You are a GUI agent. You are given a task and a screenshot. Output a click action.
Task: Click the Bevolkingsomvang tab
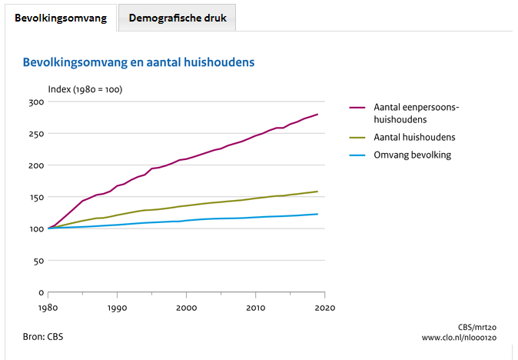(61, 18)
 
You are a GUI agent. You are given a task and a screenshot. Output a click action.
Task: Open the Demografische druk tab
(178, 18)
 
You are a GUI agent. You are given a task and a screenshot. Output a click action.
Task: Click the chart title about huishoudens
(138, 62)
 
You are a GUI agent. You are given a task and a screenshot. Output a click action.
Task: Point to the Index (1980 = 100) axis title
(85, 89)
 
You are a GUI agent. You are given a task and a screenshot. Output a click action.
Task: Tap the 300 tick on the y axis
(35, 102)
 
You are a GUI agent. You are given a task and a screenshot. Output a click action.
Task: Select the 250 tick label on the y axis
(35, 134)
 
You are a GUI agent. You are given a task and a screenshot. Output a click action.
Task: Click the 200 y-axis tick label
(35, 165)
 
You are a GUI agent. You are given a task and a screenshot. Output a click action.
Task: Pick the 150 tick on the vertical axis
(35, 198)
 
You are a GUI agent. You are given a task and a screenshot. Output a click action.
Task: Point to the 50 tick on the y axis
(38, 261)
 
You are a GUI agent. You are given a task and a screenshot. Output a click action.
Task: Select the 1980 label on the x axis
(48, 307)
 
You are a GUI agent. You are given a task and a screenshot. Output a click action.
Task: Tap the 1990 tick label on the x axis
(118, 307)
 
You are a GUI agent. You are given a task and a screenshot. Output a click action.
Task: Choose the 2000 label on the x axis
(187, 307)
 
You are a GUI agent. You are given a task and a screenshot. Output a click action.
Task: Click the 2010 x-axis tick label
(256, 307)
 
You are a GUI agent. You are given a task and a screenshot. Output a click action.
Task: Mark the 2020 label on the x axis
(325, 307)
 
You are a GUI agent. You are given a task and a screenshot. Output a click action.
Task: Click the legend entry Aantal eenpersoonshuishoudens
(415, 114)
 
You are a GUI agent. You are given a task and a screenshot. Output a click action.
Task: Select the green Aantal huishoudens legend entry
(414, 138)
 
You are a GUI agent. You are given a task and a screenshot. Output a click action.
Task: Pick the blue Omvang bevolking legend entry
(412, 155)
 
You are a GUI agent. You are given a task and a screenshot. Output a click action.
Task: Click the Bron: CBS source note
(45, 336)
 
